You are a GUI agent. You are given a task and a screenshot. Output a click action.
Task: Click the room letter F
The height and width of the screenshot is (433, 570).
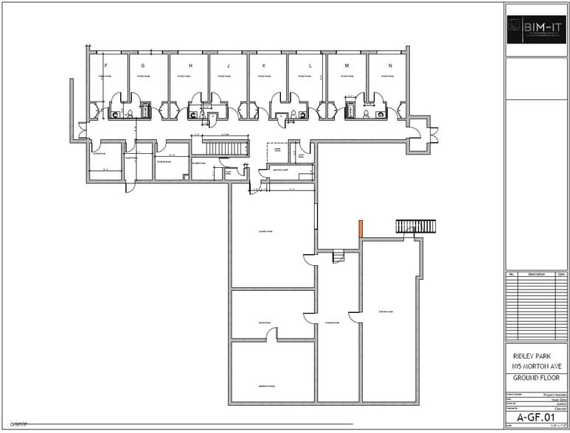pyautogui.click(x=108, y=66)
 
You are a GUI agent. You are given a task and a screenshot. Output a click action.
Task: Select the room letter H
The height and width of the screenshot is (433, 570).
pyautogui.click(x=190, y=66)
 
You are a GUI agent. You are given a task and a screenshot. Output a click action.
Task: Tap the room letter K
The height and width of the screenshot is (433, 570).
pyautogui.click(x=263, y=66)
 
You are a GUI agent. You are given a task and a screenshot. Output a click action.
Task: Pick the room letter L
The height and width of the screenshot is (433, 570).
pyautogui.click(x=310, y=66)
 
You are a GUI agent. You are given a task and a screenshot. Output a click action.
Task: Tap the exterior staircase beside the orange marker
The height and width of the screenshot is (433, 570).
pyautogui.click(x=416, y=225)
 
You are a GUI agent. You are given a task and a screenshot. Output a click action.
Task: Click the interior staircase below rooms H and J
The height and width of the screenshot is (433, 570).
pyautogui.click(x=219, y=147)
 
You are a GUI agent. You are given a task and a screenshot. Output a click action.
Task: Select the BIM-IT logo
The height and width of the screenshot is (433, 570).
pyautogui.click(x=536, y=29)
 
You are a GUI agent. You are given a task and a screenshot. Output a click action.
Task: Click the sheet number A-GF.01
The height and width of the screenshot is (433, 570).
pyautogui.click(x=536, y=416)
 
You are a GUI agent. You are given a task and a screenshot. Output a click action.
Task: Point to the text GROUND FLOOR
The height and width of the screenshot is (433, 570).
pyautogui.click(x=536, y=379)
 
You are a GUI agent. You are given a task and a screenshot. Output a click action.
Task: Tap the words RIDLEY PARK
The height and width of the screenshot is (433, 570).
pyautogui.click(x=536, y=354)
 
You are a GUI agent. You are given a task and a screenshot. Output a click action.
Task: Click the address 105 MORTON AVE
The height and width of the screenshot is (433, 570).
pyautogui.click(x=536, y=366)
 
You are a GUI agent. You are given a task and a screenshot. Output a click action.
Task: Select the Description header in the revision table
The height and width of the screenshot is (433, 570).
pyautogui.click(x=536, y=275)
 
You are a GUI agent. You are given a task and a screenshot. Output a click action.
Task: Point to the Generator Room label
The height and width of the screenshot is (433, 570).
pyautogui.click(x=266, y=387)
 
